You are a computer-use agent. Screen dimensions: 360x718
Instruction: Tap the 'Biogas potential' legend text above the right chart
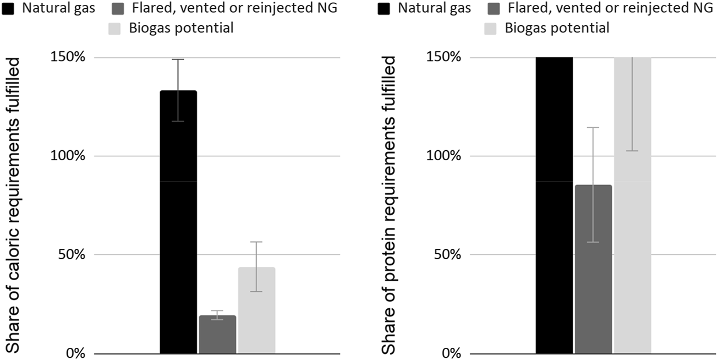(557, 28)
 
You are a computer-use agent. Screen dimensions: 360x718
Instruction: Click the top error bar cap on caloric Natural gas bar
(178, 59)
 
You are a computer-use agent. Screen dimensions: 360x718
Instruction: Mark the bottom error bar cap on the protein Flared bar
(593, 242)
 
